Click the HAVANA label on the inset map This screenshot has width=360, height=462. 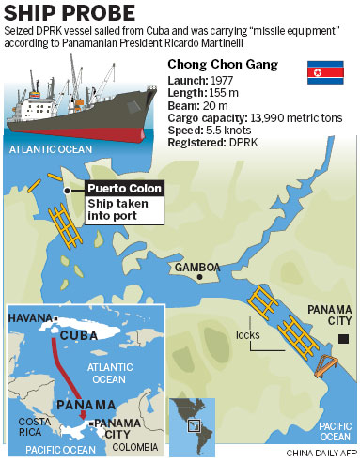29,319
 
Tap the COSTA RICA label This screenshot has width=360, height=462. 35,427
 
